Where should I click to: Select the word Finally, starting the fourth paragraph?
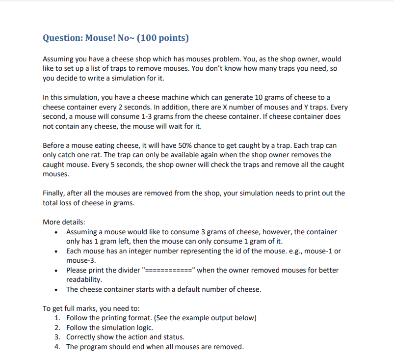[55, 193]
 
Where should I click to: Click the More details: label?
[64, 222]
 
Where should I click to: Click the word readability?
[84, 279]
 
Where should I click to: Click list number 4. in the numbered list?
[58, 347]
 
